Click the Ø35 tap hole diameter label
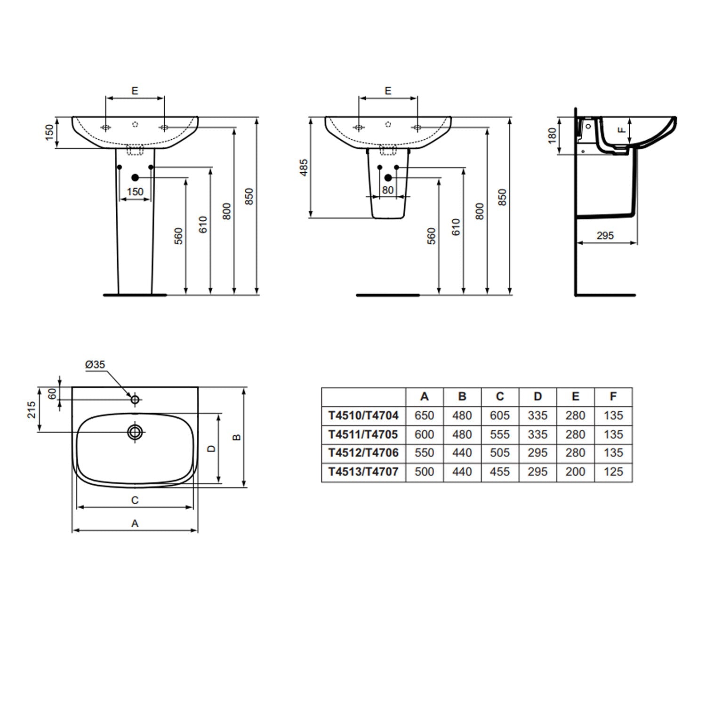click(95, 365)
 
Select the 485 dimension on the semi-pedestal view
click(304, 168)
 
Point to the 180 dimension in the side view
click(552, 135)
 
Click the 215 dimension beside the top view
click(32, 409)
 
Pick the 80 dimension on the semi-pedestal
click(387, 190)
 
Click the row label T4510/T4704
click(363, 416)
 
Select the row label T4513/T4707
click(363, 472)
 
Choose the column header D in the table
click(538, 397)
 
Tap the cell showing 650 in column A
click(424, 416)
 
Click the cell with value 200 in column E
click(575, 472)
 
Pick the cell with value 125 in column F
click(613, 472)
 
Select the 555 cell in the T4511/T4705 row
click(499, 434)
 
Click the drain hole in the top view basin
click(135, 432)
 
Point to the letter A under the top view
click(135, 523)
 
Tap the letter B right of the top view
click(237, 437)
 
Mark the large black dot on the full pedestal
click(135, 177)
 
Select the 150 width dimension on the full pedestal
click(135, 192)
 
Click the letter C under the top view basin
click(135, 500)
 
